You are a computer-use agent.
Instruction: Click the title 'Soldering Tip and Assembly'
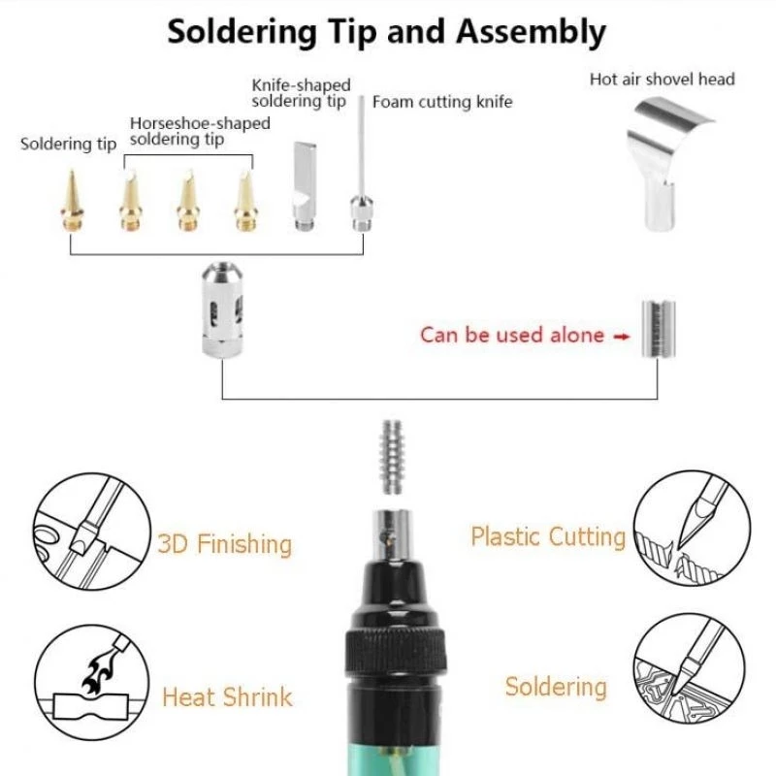pyautogui.click(x=386, y=31)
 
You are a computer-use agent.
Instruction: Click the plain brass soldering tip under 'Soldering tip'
pyautogui.click(x=73, y=200)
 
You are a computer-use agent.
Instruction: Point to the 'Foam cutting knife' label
pyautogui.click(x=442, y=102)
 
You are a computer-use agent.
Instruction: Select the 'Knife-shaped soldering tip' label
pyautogui.click(x=301, y=93)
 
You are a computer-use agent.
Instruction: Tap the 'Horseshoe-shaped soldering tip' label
pyautogui.click(x=200, y=132)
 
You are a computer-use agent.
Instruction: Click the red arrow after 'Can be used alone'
pyautogui.click(x=596, y=336)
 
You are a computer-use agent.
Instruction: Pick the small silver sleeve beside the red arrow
pyautogui.click(x=657, y=327)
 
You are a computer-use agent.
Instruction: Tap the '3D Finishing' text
pyautogui.click(x=224, y=543)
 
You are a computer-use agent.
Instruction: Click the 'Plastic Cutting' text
pyautogui.click(x=548, y=536)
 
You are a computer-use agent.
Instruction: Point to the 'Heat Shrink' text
pyautogui.click(x=227, y=696)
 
